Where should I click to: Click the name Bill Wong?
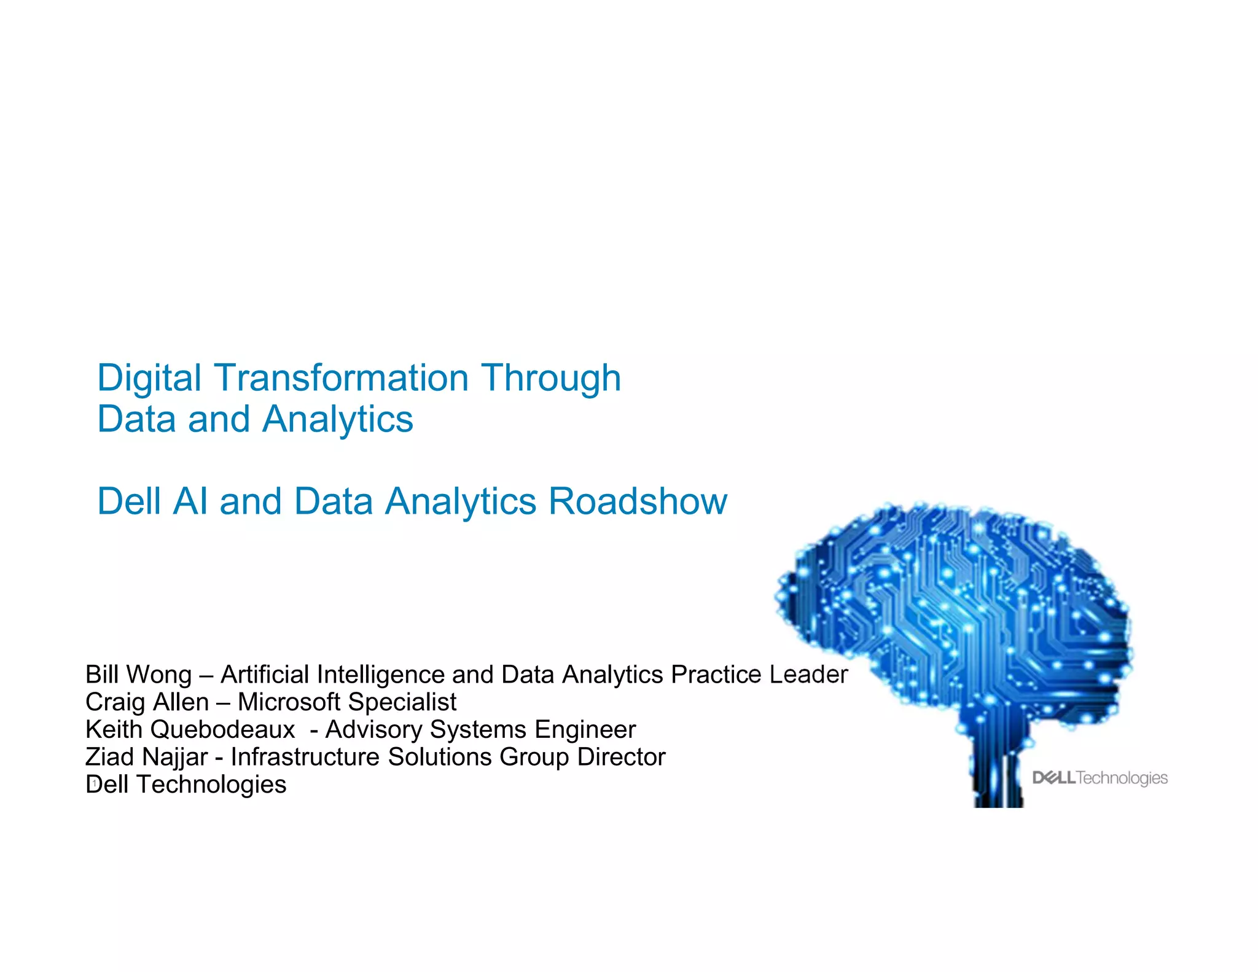(139, 675)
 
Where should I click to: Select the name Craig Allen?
(147, 702)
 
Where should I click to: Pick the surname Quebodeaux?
(222, 729)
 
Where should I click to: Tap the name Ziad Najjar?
(147, 757)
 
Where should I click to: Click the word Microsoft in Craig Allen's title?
(289, 702)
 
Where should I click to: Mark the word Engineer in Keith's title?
(585, 729)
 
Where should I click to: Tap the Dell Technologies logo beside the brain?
(1100, 778)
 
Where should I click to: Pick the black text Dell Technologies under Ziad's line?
(186, 785)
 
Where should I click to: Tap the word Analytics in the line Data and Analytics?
(338, 419)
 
